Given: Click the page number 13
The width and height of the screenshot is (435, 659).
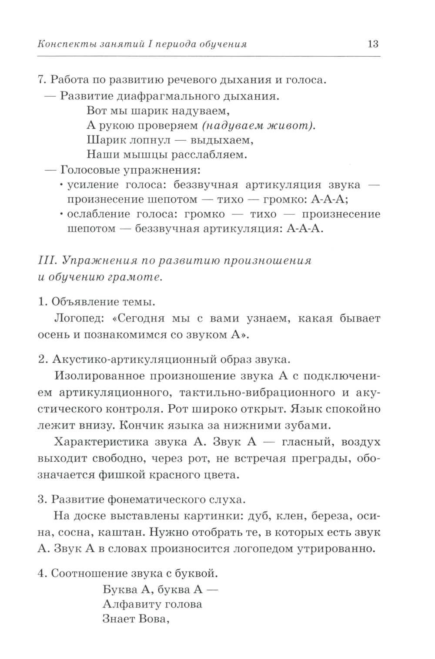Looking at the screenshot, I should [373, 44].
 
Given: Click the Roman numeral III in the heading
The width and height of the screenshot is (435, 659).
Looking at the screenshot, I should [47, 261].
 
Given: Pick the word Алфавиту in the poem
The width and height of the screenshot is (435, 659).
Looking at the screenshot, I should [129, 605].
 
